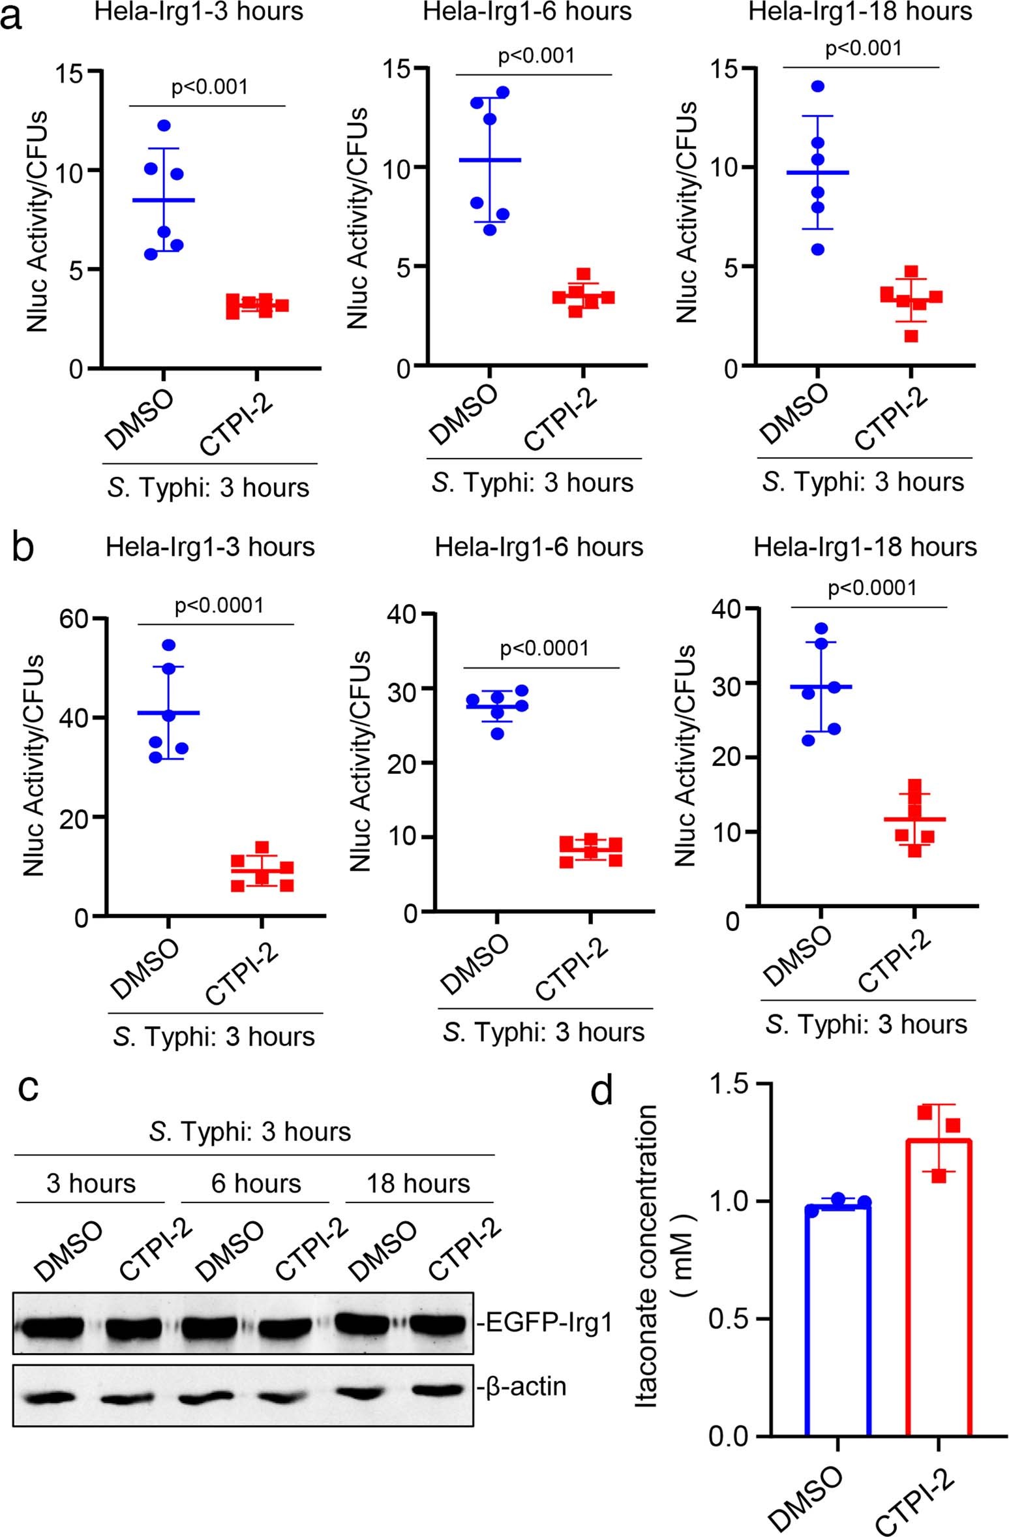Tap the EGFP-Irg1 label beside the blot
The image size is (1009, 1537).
[x=545, y=1322]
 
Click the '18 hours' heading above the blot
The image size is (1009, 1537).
[x=418, y=1183]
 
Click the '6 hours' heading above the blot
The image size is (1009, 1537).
[x=256, y=1183]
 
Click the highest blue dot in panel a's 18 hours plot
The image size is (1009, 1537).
[x=818, y=86]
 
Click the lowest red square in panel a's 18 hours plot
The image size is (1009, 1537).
[x=912, y=336]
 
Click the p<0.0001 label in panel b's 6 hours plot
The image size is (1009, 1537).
[x=544, y=649]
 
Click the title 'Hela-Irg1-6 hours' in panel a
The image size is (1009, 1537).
[x=527, y=12]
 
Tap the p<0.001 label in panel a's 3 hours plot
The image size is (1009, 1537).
[x=209, y=87]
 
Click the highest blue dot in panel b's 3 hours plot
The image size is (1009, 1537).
[x=169, y=645]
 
